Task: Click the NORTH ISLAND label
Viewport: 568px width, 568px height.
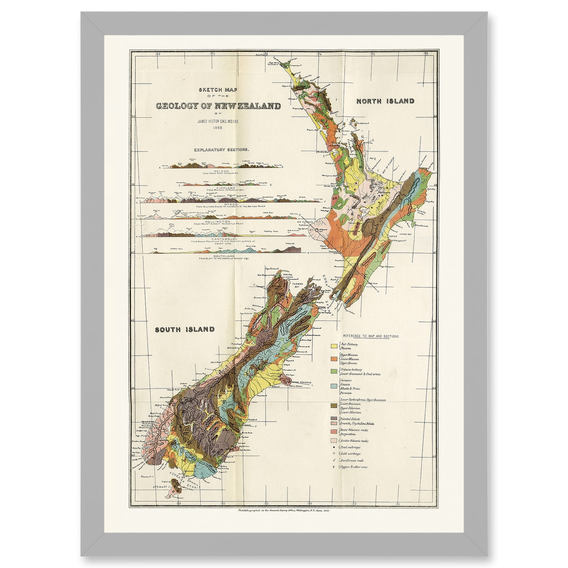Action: coord(385,101)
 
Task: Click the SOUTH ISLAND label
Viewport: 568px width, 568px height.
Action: coord(185,329)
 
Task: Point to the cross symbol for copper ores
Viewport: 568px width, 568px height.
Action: coord(334,467)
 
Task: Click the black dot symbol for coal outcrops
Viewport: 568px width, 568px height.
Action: coord(334,447)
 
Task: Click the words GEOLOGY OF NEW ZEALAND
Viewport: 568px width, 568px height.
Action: coord(218,106)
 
